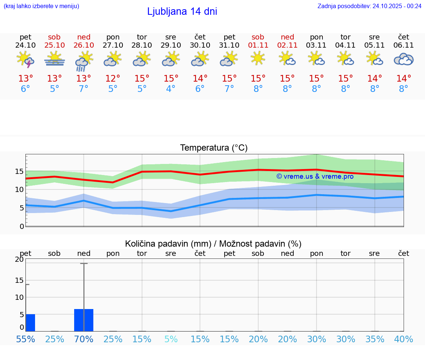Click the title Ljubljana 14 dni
coord(182,11)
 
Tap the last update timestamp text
coord(369,6)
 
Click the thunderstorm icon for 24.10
coord(25,59)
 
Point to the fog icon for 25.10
coord(55,59)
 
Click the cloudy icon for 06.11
coord(404,59)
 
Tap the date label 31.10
coord(229,45)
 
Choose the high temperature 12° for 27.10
coord(113,79)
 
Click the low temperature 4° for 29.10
coord(171,89)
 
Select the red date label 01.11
coord(258,45)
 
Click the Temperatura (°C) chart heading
coord(214,148)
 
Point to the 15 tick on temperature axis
coord(19,171)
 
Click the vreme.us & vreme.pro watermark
coord(315,176)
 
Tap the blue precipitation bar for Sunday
coord(84,320)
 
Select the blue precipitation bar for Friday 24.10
coord(30,323)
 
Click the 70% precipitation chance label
coord(84,339)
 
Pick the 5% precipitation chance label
coord(171,339)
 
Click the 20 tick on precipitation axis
coord(19,260)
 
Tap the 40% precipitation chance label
coord(404,339)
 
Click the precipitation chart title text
coord(213,244)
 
